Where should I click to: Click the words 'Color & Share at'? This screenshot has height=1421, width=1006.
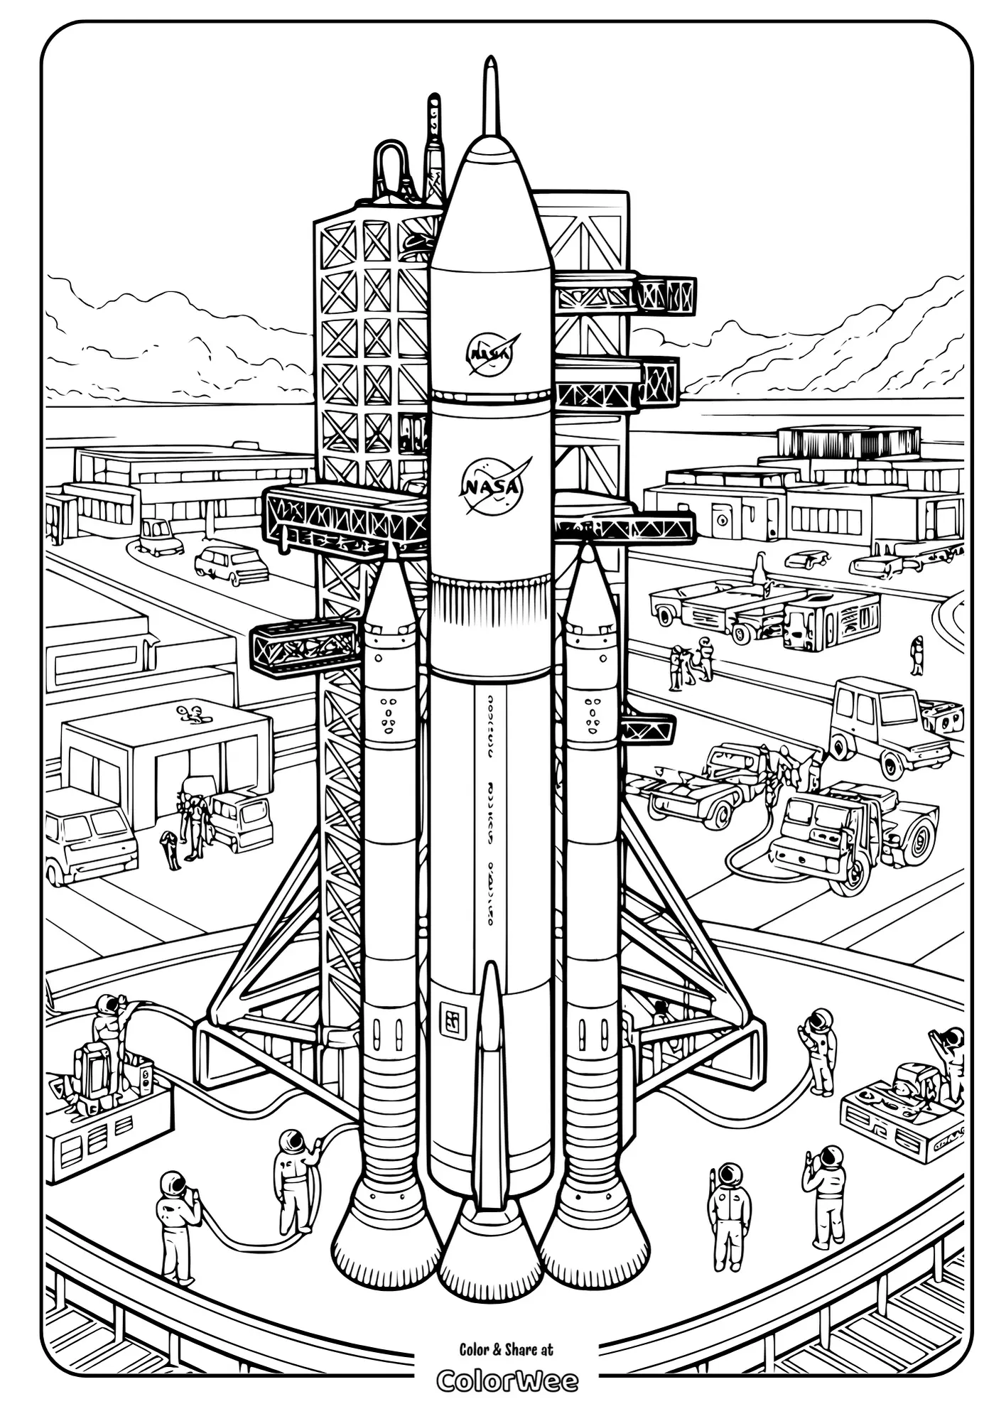click(506, 1349)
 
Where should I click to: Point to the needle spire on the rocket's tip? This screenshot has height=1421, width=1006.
click(490, 96)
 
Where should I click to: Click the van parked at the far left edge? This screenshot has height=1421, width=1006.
click(89, 833)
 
